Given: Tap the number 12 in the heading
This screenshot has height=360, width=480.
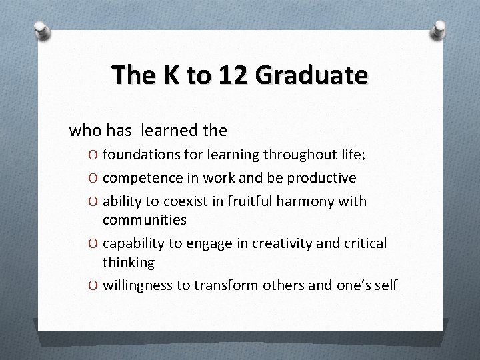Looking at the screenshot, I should coord(231,75).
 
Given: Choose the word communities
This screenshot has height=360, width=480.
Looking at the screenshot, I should coord(144,219).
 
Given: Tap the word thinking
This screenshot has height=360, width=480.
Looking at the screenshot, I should coord(129,263).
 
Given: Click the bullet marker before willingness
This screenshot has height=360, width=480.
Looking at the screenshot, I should coord(93,286).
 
